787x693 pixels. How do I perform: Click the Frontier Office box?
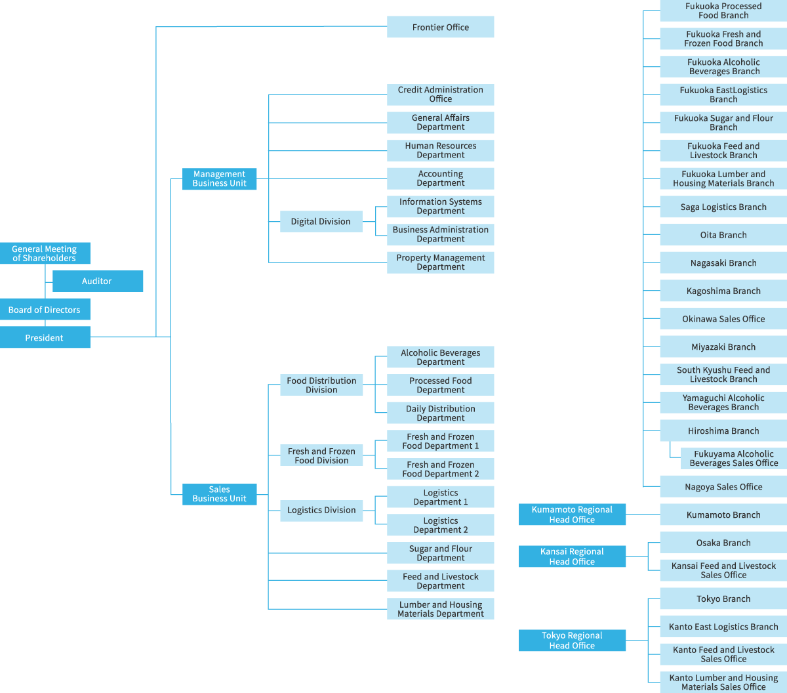pos(440,27)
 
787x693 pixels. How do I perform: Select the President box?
pos(45,338)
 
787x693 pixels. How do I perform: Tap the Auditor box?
pos(97,281)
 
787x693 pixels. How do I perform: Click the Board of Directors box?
pos(45,310)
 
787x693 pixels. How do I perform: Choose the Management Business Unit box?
pos(219,178)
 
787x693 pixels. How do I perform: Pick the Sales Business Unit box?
pos(219,494)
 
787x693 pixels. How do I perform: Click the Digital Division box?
pos(321,221)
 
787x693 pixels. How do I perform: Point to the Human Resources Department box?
pos(440,150)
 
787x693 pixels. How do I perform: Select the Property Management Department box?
pos(440,262)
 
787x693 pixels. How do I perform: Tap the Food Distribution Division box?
pos(321,385)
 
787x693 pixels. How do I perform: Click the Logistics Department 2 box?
pos(440,525)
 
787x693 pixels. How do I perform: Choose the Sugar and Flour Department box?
pos(440,553)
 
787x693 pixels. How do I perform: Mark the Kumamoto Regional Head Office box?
pos(572,514)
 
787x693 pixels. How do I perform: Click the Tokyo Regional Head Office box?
pos(572,640)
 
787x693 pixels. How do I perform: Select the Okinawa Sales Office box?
pos(723,319)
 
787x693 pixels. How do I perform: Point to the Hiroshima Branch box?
pos(723,431)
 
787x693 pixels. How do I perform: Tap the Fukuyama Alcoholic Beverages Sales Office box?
pos(733,458)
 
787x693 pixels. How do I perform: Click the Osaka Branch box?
pos(723,543)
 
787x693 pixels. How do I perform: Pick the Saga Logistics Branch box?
pos(723,207)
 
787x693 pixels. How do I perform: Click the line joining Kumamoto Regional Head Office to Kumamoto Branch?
pos(643,514)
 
